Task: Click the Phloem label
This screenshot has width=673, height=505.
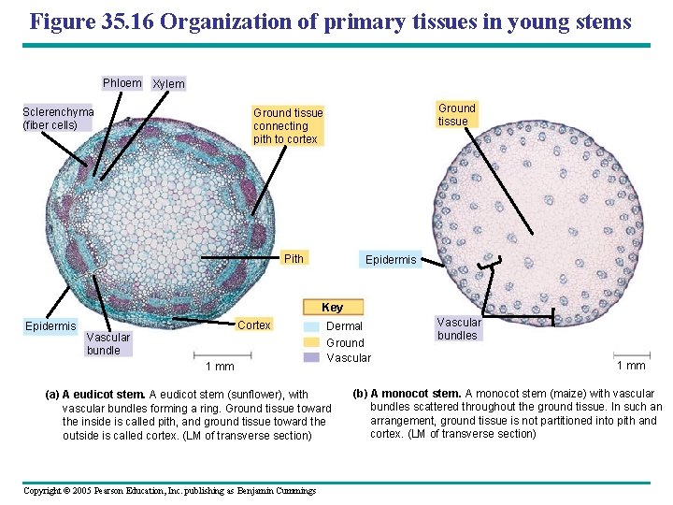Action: coord(122,83)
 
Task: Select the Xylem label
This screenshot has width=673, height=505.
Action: coord(168,84)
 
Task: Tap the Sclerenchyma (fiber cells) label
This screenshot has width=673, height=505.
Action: coord(58,118)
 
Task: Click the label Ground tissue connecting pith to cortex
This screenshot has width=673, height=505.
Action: coord(288,126)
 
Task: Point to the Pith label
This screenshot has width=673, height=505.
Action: coord(294,258)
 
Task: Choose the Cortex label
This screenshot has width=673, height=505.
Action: coord(254,325)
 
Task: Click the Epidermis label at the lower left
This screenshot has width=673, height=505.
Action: coord(50,326)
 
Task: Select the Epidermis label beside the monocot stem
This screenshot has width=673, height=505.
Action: coord(390,259)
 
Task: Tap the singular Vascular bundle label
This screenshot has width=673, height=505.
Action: coord(108,343)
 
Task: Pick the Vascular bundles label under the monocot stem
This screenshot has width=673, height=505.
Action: coord(458,328)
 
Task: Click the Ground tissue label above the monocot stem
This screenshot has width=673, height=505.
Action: coord(456,114)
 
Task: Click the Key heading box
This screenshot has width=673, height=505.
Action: coord(332,307)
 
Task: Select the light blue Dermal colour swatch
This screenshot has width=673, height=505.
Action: coord(310,326)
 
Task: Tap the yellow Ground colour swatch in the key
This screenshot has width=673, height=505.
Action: coord(310,342)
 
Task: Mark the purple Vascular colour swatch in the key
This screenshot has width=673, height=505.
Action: coord(310,357)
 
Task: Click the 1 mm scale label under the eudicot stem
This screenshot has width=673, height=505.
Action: coord(220,367)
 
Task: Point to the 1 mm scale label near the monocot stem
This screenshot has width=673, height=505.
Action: coord(631,366)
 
